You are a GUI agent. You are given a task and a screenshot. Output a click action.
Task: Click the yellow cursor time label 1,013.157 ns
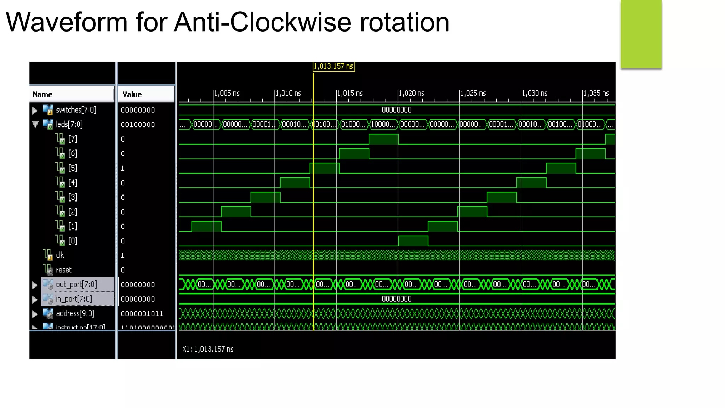tap(333, 67)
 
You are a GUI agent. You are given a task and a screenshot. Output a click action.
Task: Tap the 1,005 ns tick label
tap(227, 93)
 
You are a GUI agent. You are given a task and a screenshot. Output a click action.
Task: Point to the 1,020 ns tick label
tap(411, 93)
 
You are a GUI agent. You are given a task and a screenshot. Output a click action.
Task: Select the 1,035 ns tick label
tap(596, 93)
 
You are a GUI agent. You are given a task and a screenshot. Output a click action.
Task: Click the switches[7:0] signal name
tap(76, 110)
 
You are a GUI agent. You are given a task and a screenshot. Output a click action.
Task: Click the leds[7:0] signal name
tap(69, 124)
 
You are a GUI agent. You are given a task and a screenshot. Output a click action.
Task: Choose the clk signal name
tap(60, 255)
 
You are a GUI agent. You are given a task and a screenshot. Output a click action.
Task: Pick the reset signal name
tap(64, 270)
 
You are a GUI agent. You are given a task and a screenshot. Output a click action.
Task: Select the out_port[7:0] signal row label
tap(76, 284)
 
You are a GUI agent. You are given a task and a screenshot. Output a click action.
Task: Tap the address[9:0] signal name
tap(75, 313)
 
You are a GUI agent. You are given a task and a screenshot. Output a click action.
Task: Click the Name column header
tap(42, 95)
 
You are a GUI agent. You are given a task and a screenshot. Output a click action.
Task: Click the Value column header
tap(132, 95)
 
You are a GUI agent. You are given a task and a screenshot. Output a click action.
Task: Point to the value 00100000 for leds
tap(138, 125)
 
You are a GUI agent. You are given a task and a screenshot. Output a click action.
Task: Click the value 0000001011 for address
tap(142, 314)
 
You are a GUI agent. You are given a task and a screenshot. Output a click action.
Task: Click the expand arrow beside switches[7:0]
tap(35, 110)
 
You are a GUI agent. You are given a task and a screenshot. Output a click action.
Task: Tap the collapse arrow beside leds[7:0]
tap(35, 124)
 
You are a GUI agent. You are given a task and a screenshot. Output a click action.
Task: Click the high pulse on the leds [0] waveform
tap(413, 241)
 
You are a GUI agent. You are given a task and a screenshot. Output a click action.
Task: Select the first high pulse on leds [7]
tap(383, 139)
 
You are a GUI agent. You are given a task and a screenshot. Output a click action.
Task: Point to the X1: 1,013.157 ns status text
tap(208, 349)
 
